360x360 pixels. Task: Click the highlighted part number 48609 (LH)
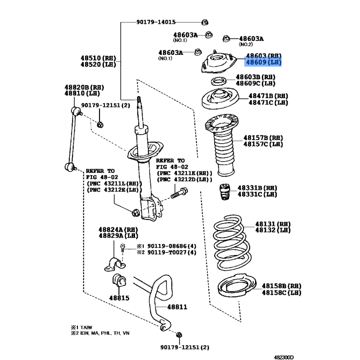[264, 62]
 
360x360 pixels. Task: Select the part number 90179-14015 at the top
[156, 22]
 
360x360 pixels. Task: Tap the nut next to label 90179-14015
[205, 22]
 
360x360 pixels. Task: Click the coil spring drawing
[232, 243]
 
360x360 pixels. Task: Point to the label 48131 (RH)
[273, 224]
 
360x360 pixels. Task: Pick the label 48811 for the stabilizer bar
[177, 307]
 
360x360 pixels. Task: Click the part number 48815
[119, 298]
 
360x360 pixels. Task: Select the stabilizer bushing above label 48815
[119, 280]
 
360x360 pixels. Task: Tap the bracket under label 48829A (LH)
[115, 265]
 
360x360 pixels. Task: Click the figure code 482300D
[284, 357]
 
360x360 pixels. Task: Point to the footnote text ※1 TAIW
[81, 328]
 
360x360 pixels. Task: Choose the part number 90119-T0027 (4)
[172, 252]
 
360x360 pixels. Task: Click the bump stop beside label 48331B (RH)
[225, 192]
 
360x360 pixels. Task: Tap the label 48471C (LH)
[268, 103]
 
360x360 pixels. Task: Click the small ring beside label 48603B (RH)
[218, 81]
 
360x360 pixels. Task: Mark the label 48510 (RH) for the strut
[98, 58]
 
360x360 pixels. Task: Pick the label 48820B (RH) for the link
[84, 87]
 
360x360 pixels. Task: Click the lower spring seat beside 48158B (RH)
[237, 285]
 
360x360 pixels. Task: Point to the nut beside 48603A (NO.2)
[226, 39]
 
